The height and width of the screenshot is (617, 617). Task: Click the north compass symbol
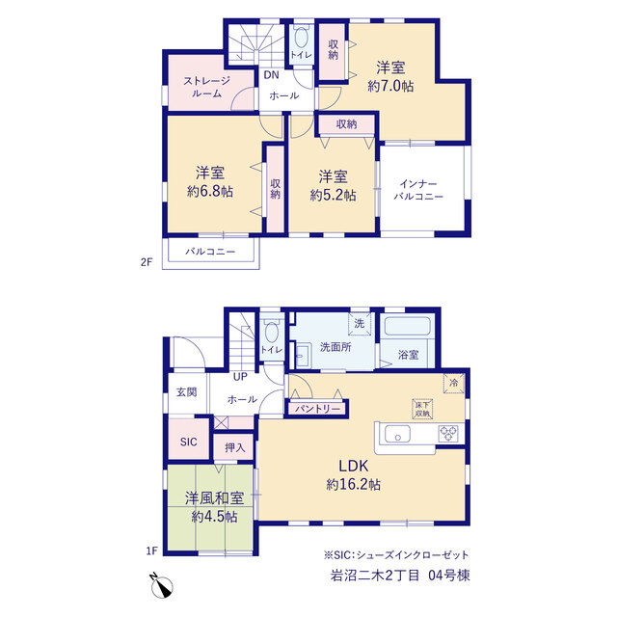161,586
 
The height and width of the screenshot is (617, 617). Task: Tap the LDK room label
354,466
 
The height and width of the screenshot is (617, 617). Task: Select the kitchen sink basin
397,435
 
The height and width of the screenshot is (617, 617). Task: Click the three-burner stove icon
448,434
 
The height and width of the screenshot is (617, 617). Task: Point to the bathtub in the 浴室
407,326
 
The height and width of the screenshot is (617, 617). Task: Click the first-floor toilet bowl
272,332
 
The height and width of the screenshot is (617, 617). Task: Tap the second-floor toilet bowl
301,39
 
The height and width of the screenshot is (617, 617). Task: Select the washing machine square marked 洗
360,324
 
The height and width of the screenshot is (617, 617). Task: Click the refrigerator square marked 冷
454,383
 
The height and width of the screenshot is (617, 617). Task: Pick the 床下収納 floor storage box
422,409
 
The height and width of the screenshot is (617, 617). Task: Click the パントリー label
317,409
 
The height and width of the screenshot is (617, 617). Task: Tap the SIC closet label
189,442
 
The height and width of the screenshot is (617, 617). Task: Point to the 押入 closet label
235,447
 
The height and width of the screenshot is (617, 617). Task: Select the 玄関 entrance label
186,392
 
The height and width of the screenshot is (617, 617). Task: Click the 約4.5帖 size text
214,517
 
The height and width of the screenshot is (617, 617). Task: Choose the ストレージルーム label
206,88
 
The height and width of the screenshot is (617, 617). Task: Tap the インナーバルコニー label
418,190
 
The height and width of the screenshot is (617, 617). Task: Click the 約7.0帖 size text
390,86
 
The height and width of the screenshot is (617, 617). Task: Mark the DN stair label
271,75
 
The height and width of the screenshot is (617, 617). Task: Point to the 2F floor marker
147,262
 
